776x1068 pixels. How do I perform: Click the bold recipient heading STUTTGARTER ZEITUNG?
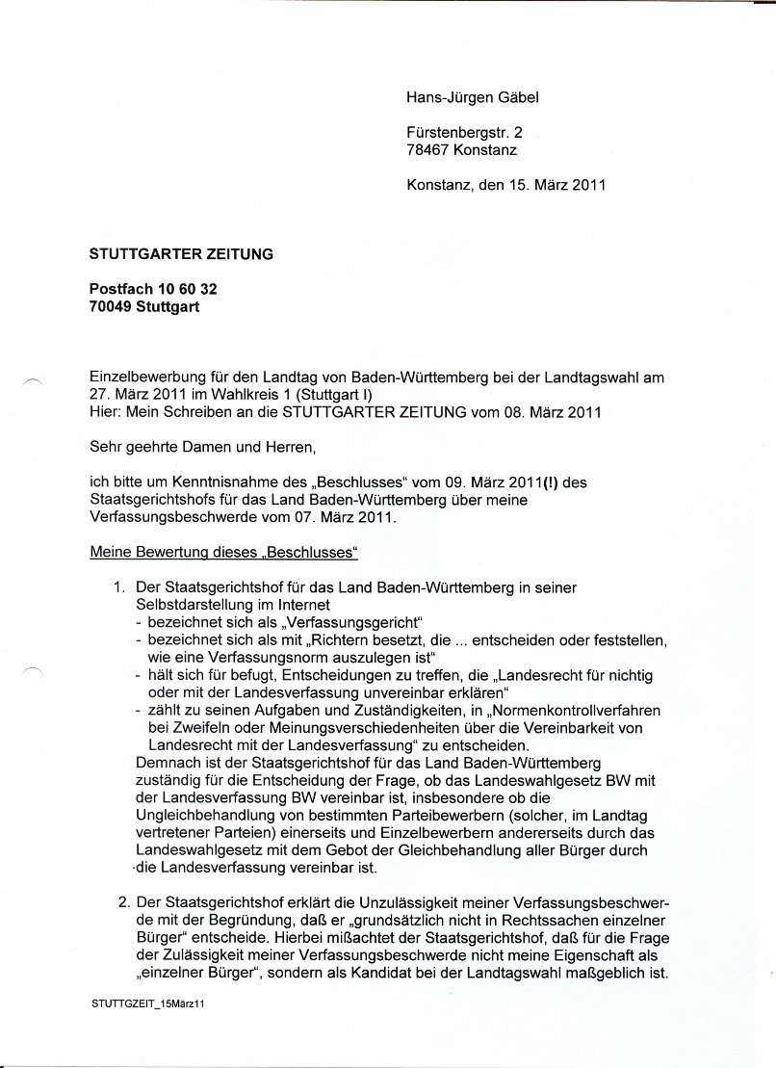(181, 254)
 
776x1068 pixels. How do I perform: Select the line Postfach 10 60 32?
(146, 290)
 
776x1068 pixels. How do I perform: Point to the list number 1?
(120, 587)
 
